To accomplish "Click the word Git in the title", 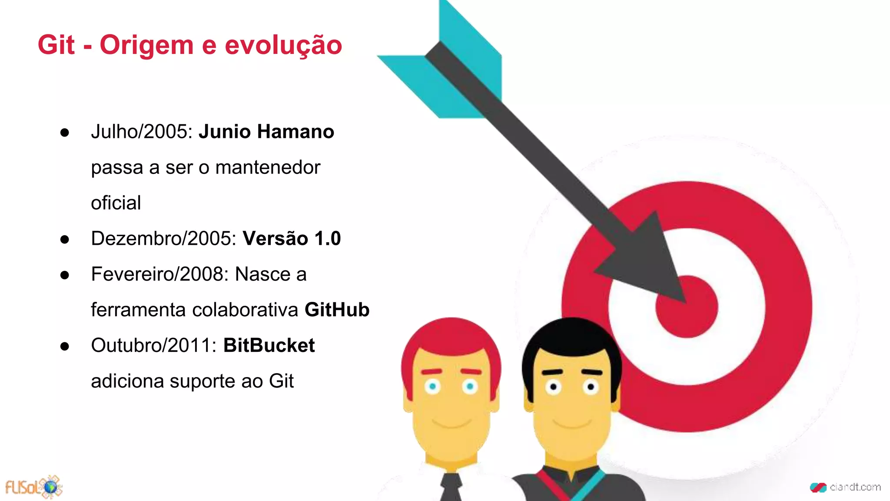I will point(56,45).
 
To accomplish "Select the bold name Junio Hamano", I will point(266,132).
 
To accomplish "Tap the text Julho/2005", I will point(142,132).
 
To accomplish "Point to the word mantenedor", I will point(268,167).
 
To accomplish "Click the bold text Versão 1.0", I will point(292,238).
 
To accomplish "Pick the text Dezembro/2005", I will point(163,238).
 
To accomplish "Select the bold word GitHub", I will point(337,310).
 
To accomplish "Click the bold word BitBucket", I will point(269,345).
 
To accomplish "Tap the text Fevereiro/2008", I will point(159,274).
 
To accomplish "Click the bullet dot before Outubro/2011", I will point(65,346).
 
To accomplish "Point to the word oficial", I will point(116,203).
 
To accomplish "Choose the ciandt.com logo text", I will point(854,487).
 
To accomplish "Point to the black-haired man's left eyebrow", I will point(552,372).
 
